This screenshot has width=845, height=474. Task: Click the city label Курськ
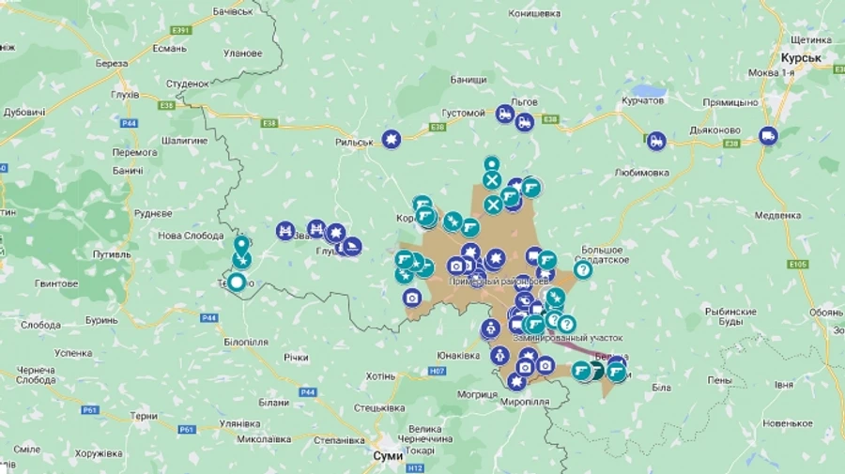click(800, 57)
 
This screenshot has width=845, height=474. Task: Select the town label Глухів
click(124, 95)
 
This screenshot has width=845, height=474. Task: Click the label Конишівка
click(533, 14)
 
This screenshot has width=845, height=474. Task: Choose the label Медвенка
click(777, 215)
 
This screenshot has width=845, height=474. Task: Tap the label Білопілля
click(246, 342)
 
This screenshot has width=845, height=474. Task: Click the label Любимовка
click(641, 173)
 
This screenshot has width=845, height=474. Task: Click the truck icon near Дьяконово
click(769, 135)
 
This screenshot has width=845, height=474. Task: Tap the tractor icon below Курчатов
click(656, 141)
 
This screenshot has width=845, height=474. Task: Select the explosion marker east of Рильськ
click(392, 139)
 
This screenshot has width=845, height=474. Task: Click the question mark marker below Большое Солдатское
click(582, 269)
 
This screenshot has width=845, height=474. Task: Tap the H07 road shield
click(437, 371)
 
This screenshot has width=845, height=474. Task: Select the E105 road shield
click(799, 265)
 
